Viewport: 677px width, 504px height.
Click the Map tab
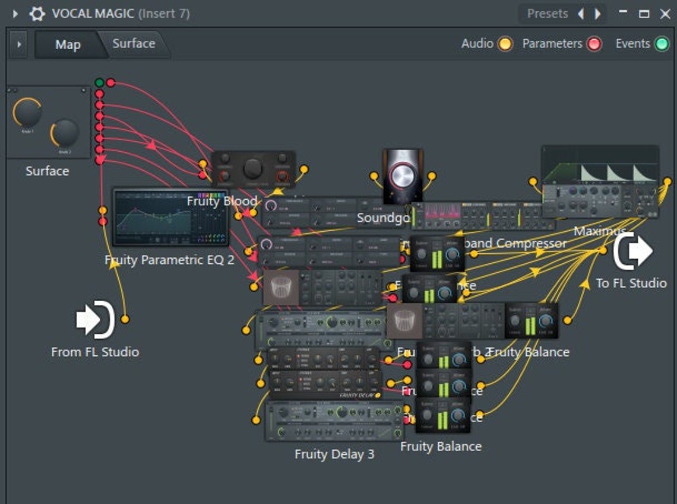(68, 44)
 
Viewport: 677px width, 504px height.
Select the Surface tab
(134, 43)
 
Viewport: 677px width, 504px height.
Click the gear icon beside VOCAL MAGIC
(37, 14)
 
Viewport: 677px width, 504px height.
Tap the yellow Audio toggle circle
(505, 44)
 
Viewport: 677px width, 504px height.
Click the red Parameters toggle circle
(594, 44)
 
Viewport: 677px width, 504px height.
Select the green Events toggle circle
(662, 44)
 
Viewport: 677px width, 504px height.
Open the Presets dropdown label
(548, 14)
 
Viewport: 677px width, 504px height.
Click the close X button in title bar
(665, 14)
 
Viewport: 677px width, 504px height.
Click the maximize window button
(644, 14)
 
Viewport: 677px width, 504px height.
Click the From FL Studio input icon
(95, 320)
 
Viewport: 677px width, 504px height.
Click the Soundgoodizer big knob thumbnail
(403, 176)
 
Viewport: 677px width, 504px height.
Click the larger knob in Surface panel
(27, 114)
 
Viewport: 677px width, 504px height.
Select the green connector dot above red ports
(99, 82)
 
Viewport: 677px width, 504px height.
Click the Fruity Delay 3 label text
(334, 454)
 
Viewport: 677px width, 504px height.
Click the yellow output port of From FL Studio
(125, 320)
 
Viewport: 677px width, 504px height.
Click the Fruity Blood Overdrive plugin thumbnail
(253, 169)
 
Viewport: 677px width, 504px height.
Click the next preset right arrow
(597, 14)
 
